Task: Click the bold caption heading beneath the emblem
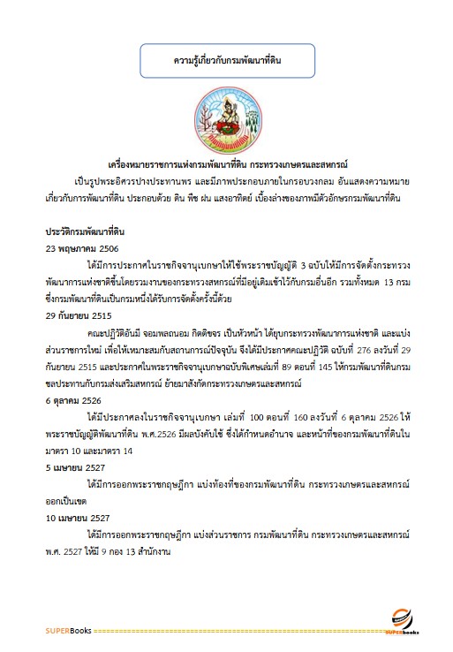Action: (227, 164)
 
